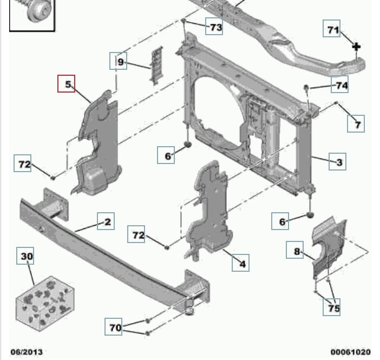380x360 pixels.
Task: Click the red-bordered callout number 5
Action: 68,84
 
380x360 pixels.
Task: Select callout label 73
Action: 215,27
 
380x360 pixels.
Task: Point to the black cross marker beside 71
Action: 356,47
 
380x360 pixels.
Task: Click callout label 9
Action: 120,62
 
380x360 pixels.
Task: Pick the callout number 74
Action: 340,86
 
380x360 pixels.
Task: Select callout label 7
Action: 356,125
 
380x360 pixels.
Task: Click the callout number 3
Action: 338,162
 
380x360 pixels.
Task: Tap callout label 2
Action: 107,221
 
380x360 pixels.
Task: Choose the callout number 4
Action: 241,264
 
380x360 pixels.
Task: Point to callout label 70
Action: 115,328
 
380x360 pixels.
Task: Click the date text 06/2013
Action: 26,351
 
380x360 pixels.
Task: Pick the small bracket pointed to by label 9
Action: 157,65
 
